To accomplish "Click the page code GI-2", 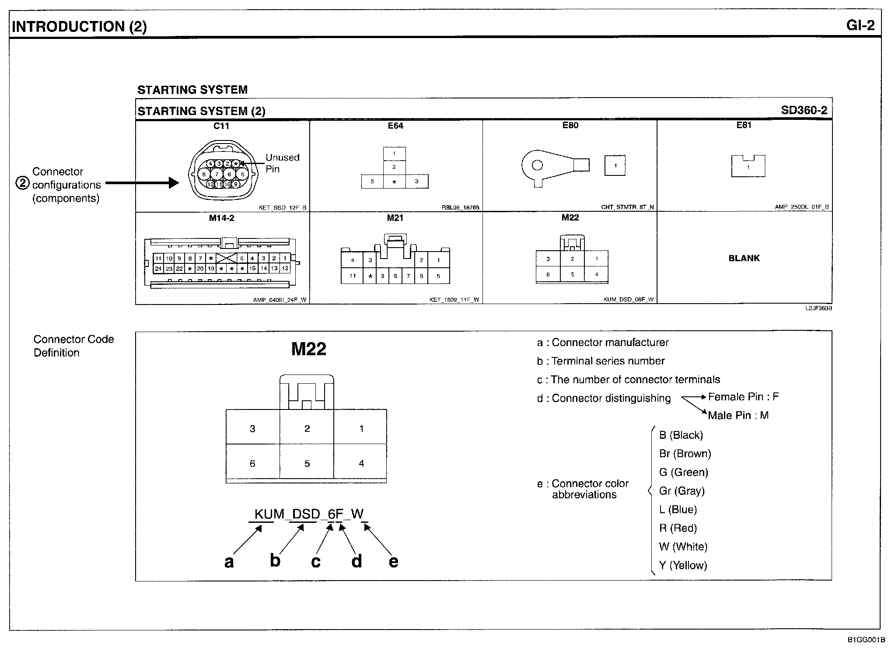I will [x=860, y=25].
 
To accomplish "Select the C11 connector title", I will [x=221, y=126].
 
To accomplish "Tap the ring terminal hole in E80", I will [x=537, y=165].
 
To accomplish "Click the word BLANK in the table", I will [x=744, y=258].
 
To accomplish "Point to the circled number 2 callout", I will [x=22, y=183].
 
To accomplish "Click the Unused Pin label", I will [x=282, y=163].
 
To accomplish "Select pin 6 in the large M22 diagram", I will [x=252, y=463].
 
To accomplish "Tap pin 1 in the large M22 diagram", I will [x=361, y=429].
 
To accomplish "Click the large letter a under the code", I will [x=229, y=562].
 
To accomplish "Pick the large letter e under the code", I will [x=393, y=562].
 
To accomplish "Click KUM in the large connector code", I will [x=269, y=514].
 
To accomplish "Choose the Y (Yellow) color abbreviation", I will [x=683, y=565].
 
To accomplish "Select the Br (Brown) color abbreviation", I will [x=685, y=454].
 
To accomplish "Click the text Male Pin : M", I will [x=738, y=415].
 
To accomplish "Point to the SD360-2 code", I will [x=804, y=110].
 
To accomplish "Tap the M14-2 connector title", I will [x=221, y=218].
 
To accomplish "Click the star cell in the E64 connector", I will [x=394, y=182].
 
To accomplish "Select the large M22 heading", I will [x=309, y=349].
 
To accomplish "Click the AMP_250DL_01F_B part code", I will [x=801, y=207].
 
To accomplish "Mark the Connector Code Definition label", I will [x=73, y=346].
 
